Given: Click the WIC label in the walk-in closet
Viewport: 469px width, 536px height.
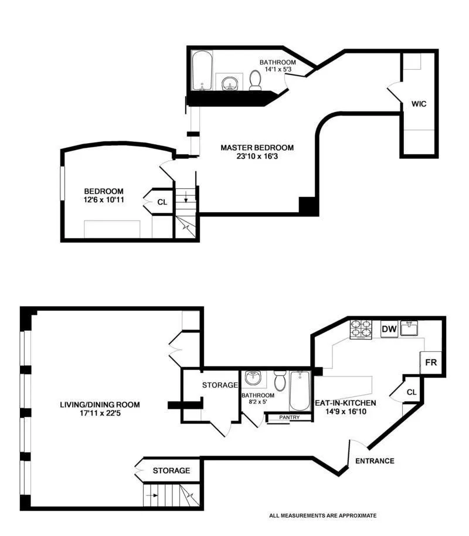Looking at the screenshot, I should (418, 104).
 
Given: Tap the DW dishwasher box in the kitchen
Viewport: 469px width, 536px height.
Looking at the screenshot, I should (389, 330).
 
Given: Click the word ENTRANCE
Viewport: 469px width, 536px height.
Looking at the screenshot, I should (375, 461).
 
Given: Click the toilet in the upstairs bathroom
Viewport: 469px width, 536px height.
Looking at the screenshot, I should (256, 81).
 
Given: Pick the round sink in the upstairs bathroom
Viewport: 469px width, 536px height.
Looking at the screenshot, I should (229, 83).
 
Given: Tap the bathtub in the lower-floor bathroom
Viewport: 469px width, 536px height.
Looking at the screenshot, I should (300, 390).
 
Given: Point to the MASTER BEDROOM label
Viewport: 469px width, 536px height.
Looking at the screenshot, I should (257, 148).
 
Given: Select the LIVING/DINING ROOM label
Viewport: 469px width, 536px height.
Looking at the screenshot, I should (100, 405).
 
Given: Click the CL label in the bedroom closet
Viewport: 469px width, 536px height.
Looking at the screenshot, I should (162, 202).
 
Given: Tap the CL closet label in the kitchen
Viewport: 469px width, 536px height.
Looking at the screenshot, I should (411, 392).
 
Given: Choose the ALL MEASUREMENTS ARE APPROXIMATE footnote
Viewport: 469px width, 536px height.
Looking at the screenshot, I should (322, 516).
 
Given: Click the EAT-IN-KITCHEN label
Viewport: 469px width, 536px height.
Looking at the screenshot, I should (345, 403).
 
